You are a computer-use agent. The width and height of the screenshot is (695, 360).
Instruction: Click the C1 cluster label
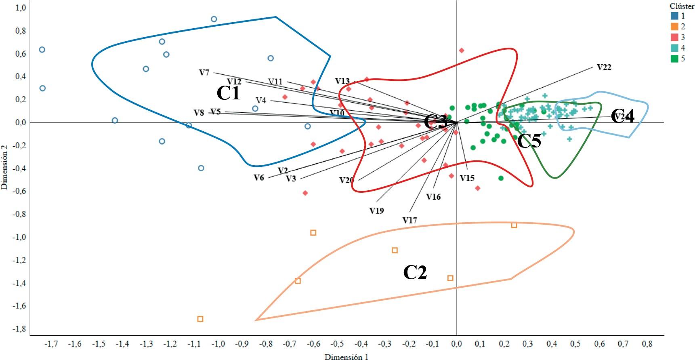click(x=229, y=93)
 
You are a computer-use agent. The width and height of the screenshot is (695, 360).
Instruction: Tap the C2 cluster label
click(x=415, y=272)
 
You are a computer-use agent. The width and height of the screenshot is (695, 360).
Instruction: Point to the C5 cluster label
click(x=529, y=141)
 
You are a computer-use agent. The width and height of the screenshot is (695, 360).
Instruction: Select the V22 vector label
click(x=604, y=67)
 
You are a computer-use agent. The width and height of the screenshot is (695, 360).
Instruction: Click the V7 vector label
click(x=204, y=73)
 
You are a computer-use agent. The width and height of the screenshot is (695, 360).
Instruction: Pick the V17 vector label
click(x=409, y=221)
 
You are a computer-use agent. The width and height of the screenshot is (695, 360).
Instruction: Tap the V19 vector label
click(x=376, y=211)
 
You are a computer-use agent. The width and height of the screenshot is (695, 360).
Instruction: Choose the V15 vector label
click(x=467, y=178)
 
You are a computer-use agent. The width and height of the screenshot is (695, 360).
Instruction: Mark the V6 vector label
click(x=258, y=177)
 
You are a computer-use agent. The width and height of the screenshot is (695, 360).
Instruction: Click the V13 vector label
click(x=342, y=81)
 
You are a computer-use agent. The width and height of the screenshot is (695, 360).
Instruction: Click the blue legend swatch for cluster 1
click(x=674, y=16)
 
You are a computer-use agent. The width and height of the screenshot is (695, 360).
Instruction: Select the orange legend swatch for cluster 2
click(x=674, y=27)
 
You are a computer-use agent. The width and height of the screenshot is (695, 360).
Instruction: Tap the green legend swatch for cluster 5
click(x=674, y=59)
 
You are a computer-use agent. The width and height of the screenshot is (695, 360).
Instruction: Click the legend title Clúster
click(x=682, y=6)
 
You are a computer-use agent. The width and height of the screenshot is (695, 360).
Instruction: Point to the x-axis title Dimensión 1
click(x=346, y=357)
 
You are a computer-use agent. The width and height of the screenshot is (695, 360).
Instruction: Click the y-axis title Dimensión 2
click(x=4, y=168)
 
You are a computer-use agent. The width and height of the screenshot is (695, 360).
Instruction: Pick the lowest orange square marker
click(x=200, y=319)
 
